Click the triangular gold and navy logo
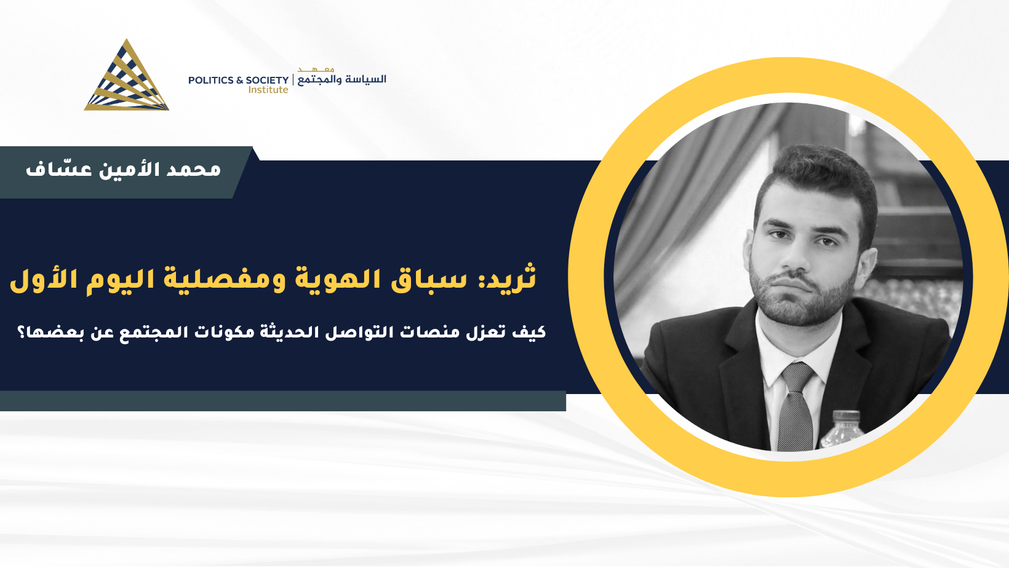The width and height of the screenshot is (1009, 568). click(x=127, y=76)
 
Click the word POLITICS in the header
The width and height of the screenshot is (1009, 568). click(x=211, y=80)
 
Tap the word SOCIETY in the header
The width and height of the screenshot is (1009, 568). click(x=267, y=80)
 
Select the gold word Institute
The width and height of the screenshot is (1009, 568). click(x=268, y=90)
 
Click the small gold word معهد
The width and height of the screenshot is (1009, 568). click(x=316, y=69)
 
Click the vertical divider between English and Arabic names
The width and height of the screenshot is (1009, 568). click(x=293, y=80)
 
